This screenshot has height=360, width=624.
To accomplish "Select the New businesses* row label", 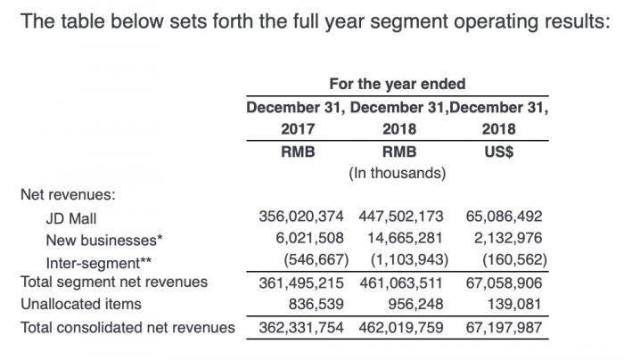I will click(102, 240).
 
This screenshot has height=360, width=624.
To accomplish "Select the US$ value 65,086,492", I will click(504, 217).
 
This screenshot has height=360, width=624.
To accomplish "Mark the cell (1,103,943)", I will click(408, 262).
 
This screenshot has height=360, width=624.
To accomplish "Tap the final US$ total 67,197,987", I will click(504, 327).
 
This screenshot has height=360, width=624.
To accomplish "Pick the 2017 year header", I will click(298, 129).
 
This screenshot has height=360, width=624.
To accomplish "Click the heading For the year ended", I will click(398, 85).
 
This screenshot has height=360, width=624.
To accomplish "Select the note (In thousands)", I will click(398, 172).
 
